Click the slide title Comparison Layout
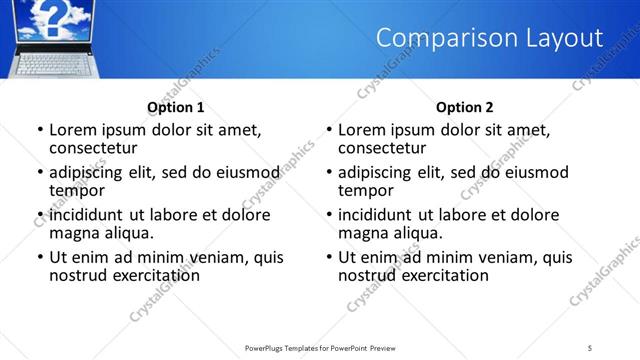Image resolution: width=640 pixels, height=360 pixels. coord(489,38)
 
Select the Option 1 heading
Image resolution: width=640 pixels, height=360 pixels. coord(176,107)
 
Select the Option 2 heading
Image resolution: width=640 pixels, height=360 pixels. coord(464,107)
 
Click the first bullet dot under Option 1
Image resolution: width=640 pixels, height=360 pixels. coord(40,130)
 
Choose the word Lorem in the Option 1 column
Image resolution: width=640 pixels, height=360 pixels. coord(74,129)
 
